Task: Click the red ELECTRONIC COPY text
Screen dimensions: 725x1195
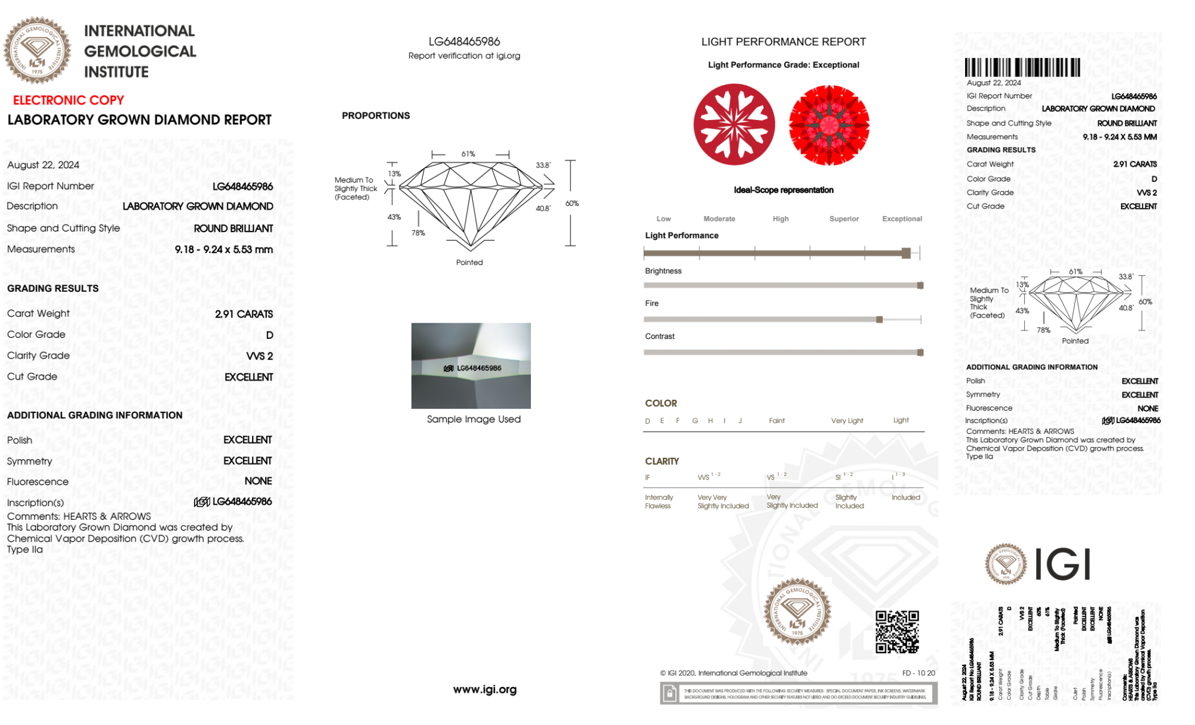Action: click(69, 100)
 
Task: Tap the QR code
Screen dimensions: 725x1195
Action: click(897, 632)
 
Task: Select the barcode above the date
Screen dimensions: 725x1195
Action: click(1022, 67)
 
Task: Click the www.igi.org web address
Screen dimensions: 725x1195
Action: click(484, 690)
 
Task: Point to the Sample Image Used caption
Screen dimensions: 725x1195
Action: click(474, 419)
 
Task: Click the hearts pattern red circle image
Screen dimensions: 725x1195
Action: click(734, 125)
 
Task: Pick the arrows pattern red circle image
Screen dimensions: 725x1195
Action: click(829, 125)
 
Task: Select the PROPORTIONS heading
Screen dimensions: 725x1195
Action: click(376, 116)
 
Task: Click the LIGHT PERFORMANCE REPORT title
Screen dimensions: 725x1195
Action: click(784, 42)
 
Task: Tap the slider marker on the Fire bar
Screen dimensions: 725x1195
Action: click(879, 320)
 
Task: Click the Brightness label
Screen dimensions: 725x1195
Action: click(663, 271)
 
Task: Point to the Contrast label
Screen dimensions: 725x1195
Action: click(659, 337)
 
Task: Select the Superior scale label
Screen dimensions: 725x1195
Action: click(844, 219)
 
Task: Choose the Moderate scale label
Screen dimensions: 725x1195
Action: click(719, 219)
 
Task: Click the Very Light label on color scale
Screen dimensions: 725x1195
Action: click(847, 421)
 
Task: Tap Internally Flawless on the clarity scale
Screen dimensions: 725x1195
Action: click(658, 502)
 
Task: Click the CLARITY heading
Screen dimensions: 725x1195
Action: click(662, 461)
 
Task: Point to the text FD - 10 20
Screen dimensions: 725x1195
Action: click(918, 673)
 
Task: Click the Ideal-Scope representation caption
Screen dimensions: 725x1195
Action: click(784, 190)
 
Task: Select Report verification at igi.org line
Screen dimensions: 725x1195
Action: click(464, 56)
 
